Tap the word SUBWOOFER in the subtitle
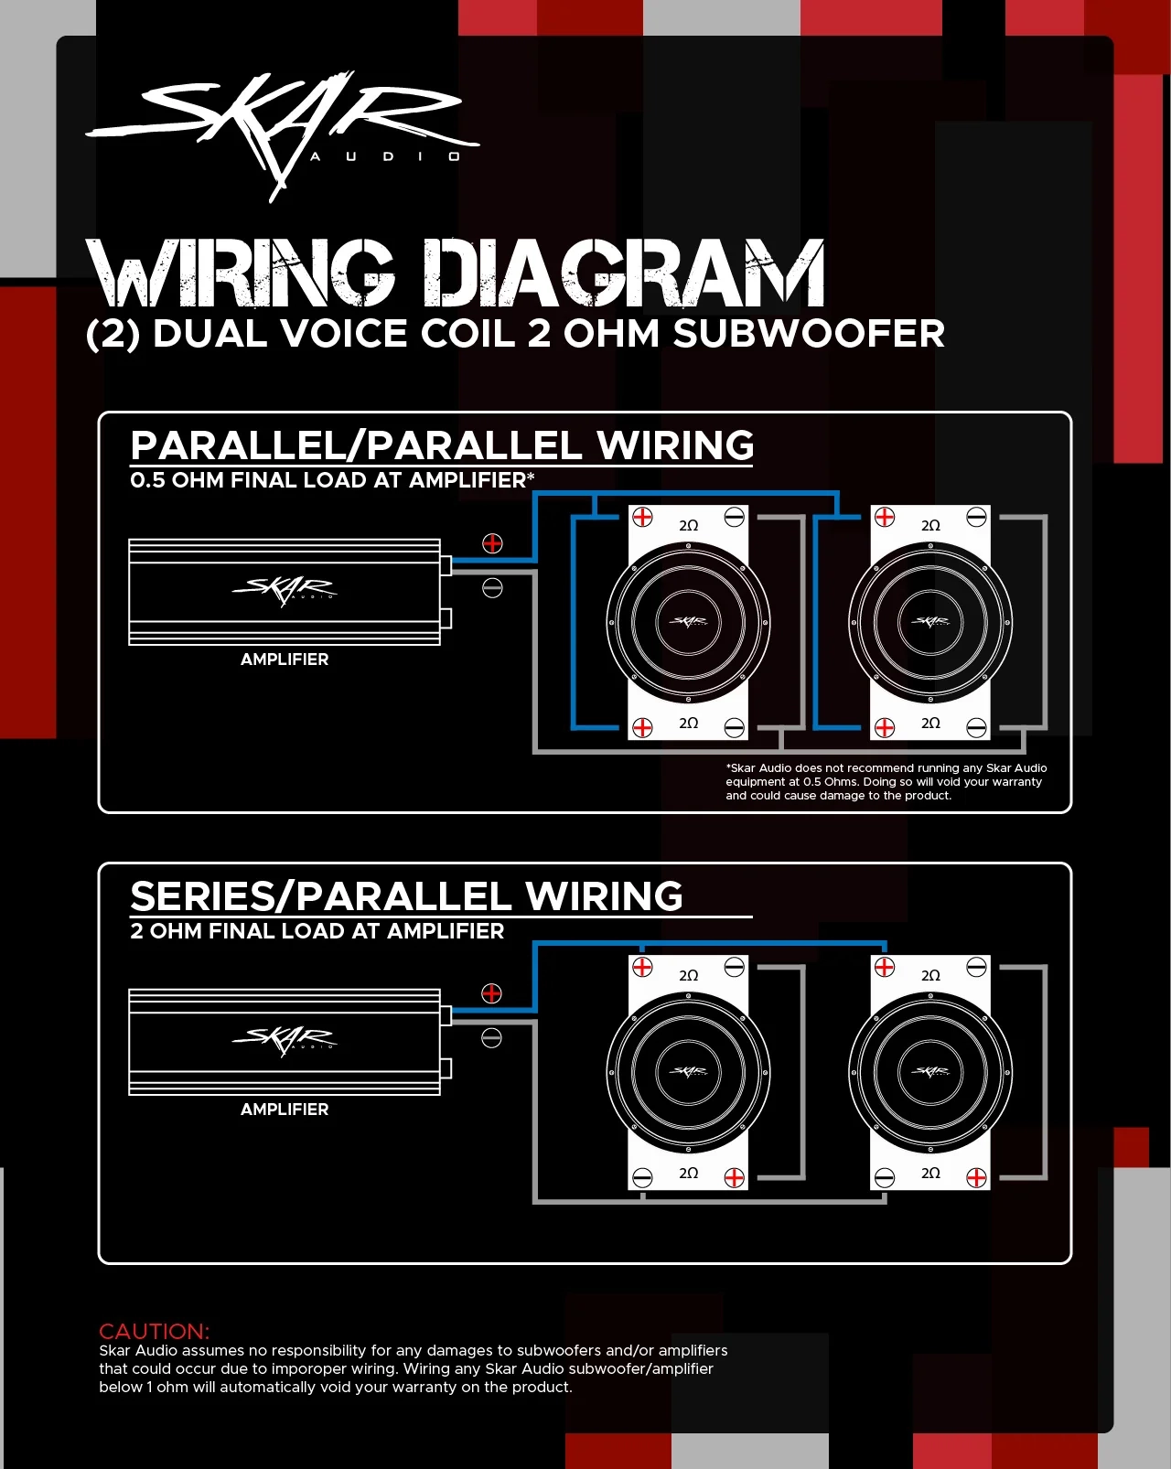809,334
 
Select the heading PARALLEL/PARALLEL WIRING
442,446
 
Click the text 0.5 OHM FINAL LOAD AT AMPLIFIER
331,480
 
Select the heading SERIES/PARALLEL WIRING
406,896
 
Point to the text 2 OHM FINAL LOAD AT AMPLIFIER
317,931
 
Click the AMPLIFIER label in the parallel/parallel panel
285,659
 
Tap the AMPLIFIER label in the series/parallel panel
285,1110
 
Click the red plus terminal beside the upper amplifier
492,543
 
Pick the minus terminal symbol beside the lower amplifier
492,1037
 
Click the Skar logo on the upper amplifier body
285,590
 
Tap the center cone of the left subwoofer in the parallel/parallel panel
688,622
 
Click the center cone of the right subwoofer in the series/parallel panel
930,1072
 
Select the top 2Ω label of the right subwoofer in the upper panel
930,526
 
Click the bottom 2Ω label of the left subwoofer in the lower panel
688,1174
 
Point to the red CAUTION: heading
154,1331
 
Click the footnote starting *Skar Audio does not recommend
886,782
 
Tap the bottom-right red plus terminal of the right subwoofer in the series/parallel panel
976,1177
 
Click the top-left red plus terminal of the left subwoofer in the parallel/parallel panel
642,517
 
